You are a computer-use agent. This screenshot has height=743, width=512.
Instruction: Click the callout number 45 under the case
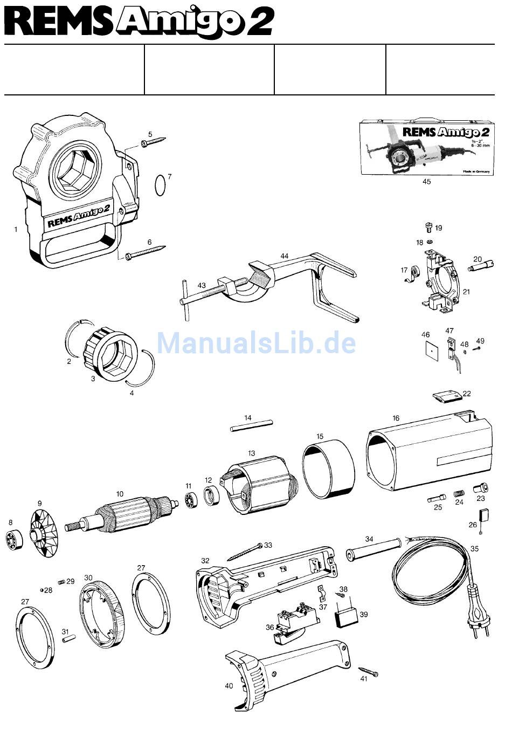426,182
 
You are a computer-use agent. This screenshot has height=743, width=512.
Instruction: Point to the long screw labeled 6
146,252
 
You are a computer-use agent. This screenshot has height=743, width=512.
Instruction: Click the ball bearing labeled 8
14,539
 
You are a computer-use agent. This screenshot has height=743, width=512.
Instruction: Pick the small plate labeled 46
430,350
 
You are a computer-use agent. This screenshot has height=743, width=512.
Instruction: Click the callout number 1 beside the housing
16,229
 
